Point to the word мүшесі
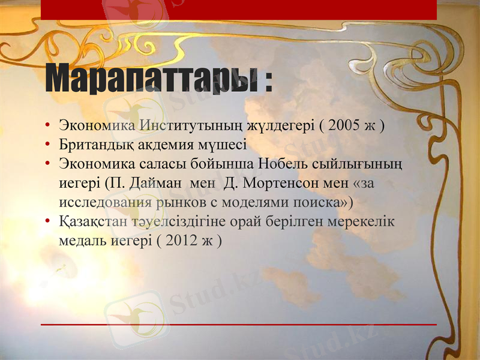[x=225, y=145]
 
